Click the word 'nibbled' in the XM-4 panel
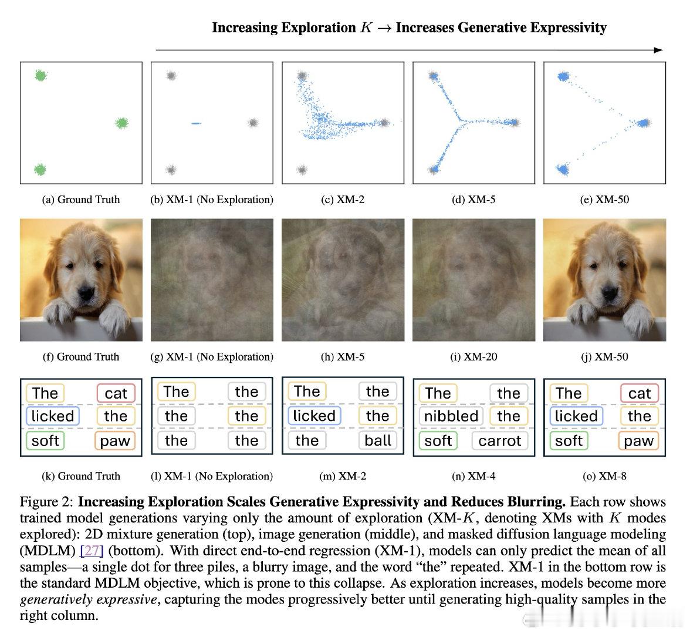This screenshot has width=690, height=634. click(x=451, y=416)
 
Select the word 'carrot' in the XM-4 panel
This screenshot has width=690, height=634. click(x=499, y=441)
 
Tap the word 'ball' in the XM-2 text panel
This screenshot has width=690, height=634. click(x=378, y=440)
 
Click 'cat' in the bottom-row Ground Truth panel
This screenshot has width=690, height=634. click(x=116, y=393)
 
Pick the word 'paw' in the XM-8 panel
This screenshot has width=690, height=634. click(x=638, y=441)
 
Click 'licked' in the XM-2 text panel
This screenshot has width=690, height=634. click(x=314, y=416)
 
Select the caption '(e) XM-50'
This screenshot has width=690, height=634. click(x=604, y=200)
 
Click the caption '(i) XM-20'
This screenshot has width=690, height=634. click(x=473, y=357)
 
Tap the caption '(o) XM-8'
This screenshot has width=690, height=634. click(x=604, y=476)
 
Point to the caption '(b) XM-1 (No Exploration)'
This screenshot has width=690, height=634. click(x=212, y=200)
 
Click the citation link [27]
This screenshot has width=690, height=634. click(x=92, y=551)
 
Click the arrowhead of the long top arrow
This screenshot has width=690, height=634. click(x=659, y=50)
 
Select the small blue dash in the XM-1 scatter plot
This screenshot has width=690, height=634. click(x=196, y=123)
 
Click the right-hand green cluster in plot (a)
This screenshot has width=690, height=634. click(x=121, y=123)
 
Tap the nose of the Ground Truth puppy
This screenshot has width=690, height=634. click(x=86, y=292)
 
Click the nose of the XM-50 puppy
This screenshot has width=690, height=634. click(x=609, y=292)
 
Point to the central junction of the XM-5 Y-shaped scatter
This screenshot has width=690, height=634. click(x=460, y=121)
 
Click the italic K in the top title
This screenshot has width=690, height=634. click(x=366, y=28)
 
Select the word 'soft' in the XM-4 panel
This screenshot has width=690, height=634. click(x=438, y=441)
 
